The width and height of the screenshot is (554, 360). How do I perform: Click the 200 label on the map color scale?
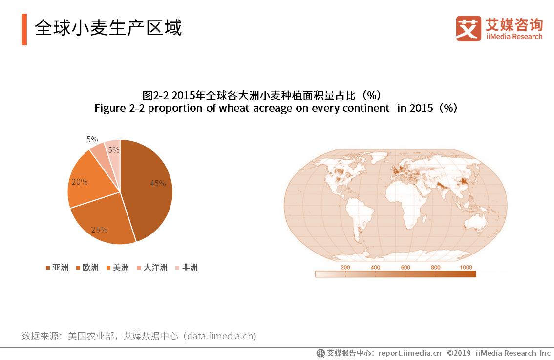click(x=345, y=267)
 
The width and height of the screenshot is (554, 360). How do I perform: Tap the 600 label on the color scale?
click(x=405, y=267)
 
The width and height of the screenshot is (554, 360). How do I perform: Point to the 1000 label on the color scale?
click(x=466, y=267)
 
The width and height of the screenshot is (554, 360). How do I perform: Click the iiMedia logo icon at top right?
click(x=469, y=28)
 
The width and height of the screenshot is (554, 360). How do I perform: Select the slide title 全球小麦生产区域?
click(x=108, y=28)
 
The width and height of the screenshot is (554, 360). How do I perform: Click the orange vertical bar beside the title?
click(x=24, y=29)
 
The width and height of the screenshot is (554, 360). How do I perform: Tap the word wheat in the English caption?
click(x=234, y=108)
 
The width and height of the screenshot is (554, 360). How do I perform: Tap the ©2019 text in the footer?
click(x=459, y=353)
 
